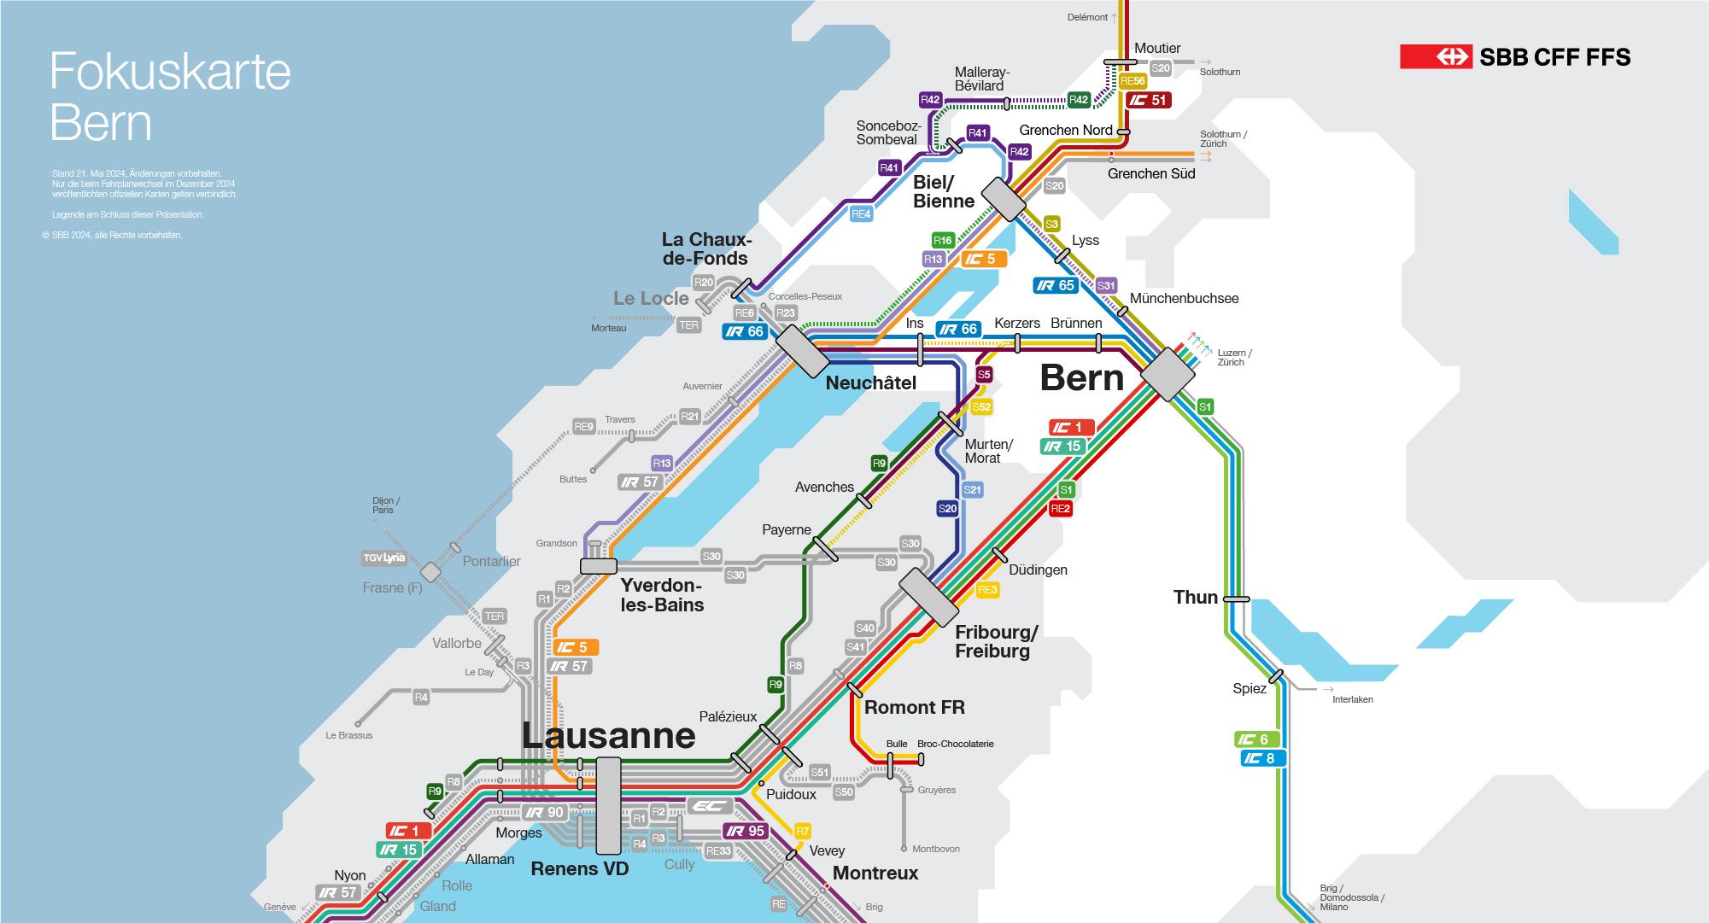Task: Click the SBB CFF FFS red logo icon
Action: (x=1436, y=56)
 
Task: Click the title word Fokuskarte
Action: (x=170, y=72)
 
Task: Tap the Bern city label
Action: (x=1081, y=378)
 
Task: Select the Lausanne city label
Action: (x=608, y=735)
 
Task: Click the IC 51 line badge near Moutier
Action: (x=1149, y=100)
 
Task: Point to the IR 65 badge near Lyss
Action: (x=1056, y=286)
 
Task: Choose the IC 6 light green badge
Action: (x=1256, y=739)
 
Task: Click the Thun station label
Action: (x=1195, y=598)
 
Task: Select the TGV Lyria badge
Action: (x=384, y=558)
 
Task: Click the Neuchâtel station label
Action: (x=870, y=383)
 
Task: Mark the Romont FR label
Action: (x=914, y=708)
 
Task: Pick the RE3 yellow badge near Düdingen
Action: (x=987, y=590)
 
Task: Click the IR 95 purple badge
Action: (x=746, y=831)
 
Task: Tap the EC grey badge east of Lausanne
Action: (x=710, y=806)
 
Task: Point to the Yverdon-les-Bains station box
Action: (x=598, y=565)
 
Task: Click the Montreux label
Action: (x=875, y=873)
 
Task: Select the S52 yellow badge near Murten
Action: (x=981, y=407)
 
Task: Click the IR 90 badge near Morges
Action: (x=544, y=812)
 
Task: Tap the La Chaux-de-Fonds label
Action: (x=705, y=248)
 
